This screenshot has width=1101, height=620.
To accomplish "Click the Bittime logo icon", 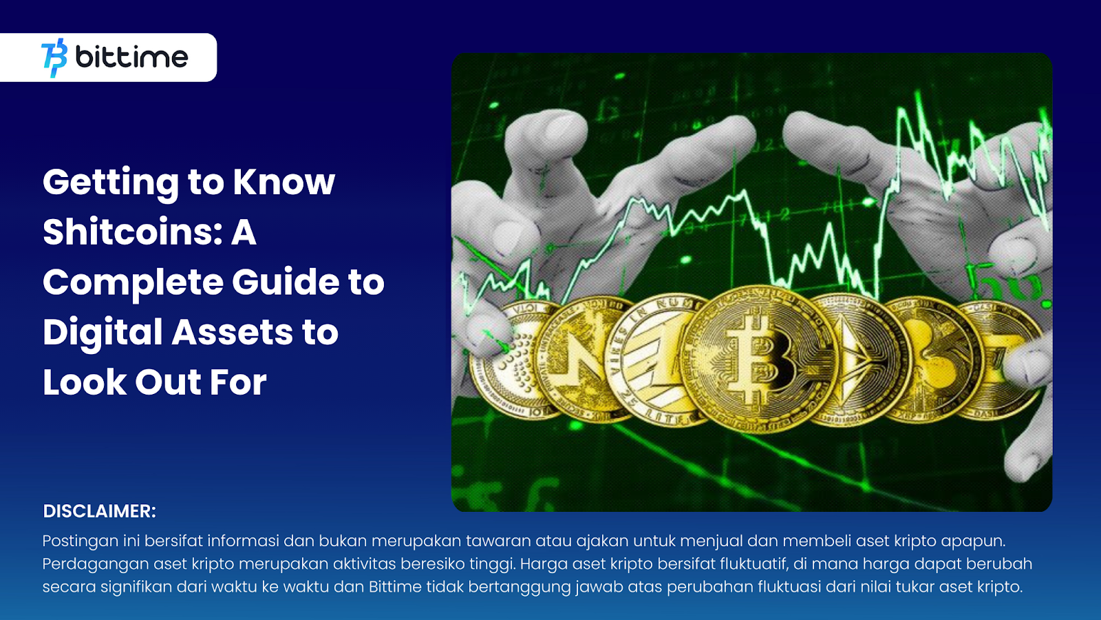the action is coord(54,58).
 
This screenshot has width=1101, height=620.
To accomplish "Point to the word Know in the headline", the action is coord(284,182).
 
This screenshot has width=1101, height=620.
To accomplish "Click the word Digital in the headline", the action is coord(103,333).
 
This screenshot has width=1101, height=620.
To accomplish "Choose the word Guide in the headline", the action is coord(286,282).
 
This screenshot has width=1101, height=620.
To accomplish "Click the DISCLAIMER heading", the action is coord(99,511).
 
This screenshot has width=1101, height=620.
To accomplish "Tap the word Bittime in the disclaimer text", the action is coord(395,586).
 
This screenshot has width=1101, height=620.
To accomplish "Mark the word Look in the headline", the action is coord(85,382).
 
